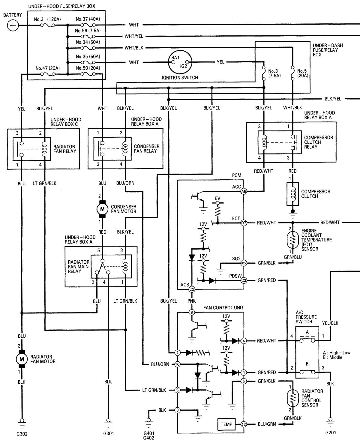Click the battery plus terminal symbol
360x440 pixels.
click(13, 25)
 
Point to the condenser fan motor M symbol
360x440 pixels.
click(102, 209)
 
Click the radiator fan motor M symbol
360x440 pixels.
click(22, 359)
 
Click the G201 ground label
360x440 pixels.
click(331, 433)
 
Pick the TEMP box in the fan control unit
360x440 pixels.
click(226, 424)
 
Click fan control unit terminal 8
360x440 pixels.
click(192, 312)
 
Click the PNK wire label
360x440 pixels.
click(192, 301)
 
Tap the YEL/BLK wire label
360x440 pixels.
click(330, 323)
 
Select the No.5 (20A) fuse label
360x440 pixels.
click(302, 73)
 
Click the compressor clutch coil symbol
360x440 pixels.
click(292, 193)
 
